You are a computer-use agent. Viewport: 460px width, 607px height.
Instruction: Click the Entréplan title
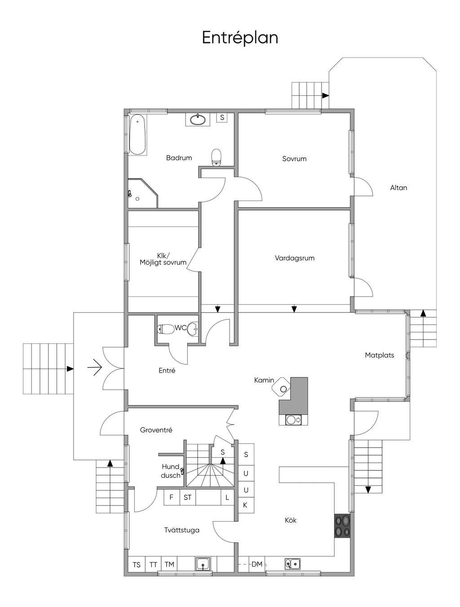coord(240,38)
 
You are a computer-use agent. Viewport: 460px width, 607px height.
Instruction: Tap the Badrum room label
coord(179,158)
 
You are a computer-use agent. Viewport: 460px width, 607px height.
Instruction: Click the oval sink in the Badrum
coord(198,119)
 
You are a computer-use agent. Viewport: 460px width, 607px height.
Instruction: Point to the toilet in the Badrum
coord(217,157)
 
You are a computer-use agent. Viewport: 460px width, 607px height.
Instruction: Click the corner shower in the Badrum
coord(142,193)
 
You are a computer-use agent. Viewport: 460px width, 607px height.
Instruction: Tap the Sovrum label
coord(294,159)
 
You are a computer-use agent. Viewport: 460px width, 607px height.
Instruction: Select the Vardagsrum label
coord(295,258)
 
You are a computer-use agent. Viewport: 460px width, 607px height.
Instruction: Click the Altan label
coord(398,187)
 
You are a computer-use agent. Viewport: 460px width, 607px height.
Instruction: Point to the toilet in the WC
coord(165,329)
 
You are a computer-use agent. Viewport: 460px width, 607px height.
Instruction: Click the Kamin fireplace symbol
coord(282,385)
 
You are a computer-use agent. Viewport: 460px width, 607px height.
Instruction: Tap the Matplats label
coord(379,355)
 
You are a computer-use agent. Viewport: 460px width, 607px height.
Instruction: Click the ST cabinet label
coord(187,497)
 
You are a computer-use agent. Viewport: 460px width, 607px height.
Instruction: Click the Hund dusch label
coord(170,471)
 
